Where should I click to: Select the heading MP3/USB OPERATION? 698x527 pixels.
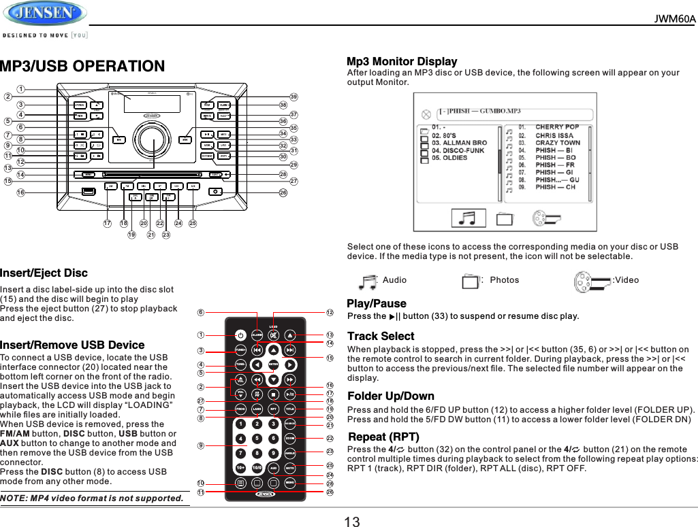click(82, 67)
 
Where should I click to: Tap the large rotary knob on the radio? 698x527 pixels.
click(153, 141)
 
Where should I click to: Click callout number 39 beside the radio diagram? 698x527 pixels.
click(294, 97)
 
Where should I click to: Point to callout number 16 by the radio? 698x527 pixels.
click(21, 193)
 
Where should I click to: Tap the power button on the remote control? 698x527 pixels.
click(240, 335)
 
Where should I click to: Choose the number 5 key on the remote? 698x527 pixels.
click(257, 439)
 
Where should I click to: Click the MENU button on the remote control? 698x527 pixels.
click(290, 482)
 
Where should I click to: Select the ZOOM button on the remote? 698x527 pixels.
click(290, 439)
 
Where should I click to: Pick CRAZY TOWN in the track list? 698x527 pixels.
click(557, 142)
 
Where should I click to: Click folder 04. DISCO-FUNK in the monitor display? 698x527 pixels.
click(458, 150)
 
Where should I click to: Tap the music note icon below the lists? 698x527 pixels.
click(468, 218)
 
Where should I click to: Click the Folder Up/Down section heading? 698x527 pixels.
click(390, 396)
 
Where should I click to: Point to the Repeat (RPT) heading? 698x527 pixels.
click(383, 436)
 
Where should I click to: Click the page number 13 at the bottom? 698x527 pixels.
click(352, 522)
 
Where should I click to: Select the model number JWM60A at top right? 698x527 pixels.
click(675, 18)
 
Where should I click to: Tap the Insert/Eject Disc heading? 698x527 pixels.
click(44, 273)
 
